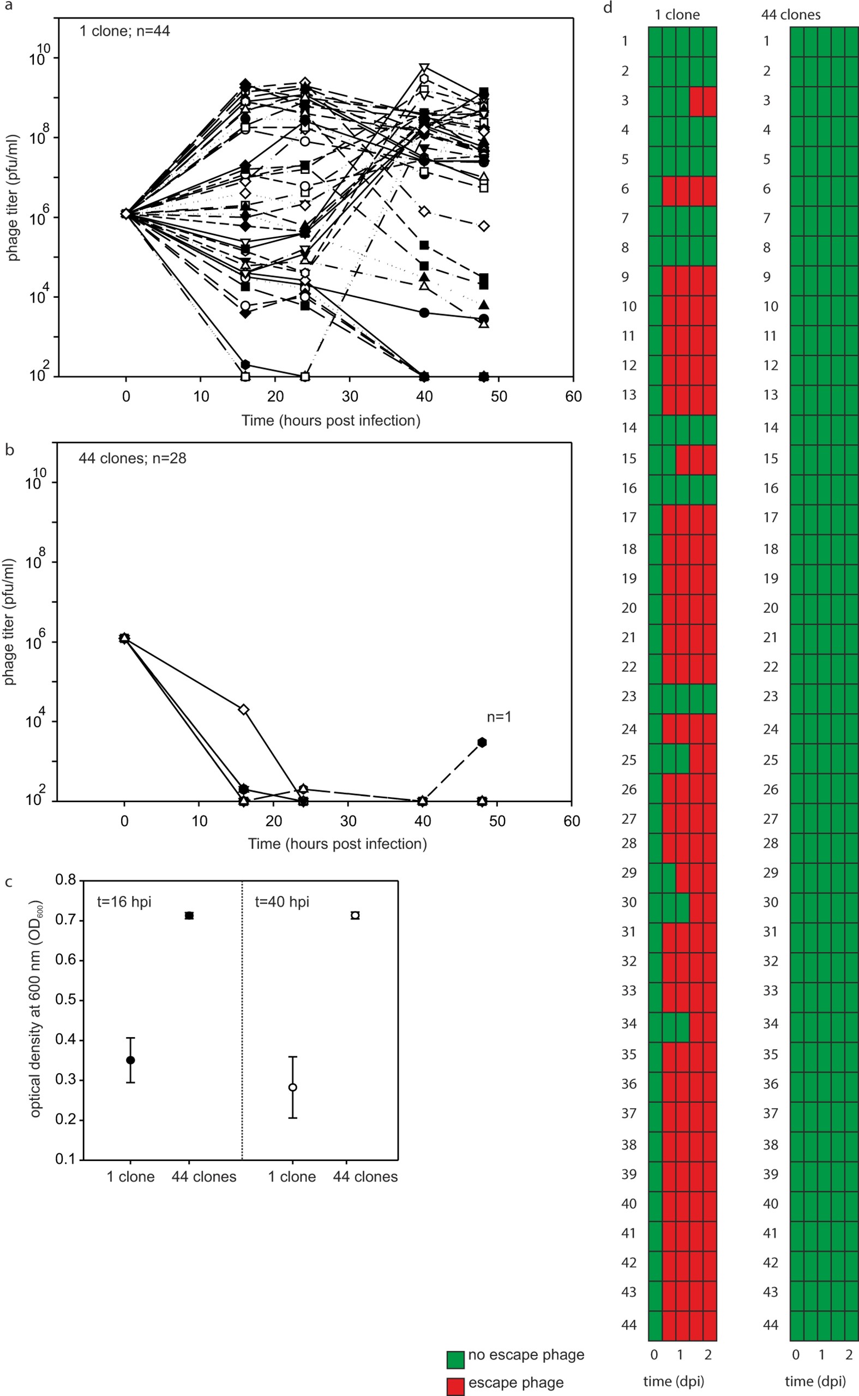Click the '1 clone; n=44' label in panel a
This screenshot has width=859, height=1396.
click(124, 31)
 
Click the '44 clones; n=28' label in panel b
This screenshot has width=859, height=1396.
click(132, 458)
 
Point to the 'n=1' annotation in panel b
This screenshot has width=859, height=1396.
click(499, 717)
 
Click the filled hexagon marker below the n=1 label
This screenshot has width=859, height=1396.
click(482, 742)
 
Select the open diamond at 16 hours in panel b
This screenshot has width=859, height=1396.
click(244, 709)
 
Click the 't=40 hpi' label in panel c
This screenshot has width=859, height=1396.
click(282, 902)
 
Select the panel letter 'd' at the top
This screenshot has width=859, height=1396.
click(608, 8)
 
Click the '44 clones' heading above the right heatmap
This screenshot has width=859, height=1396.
click(790, 15)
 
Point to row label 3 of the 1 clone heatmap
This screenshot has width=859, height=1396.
click(625, 100)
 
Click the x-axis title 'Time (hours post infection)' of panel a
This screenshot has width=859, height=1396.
click(331, 421)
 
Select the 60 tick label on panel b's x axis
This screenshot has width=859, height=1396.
click(572, 821)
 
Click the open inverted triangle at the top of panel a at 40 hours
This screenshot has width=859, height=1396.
click(424, 68)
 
